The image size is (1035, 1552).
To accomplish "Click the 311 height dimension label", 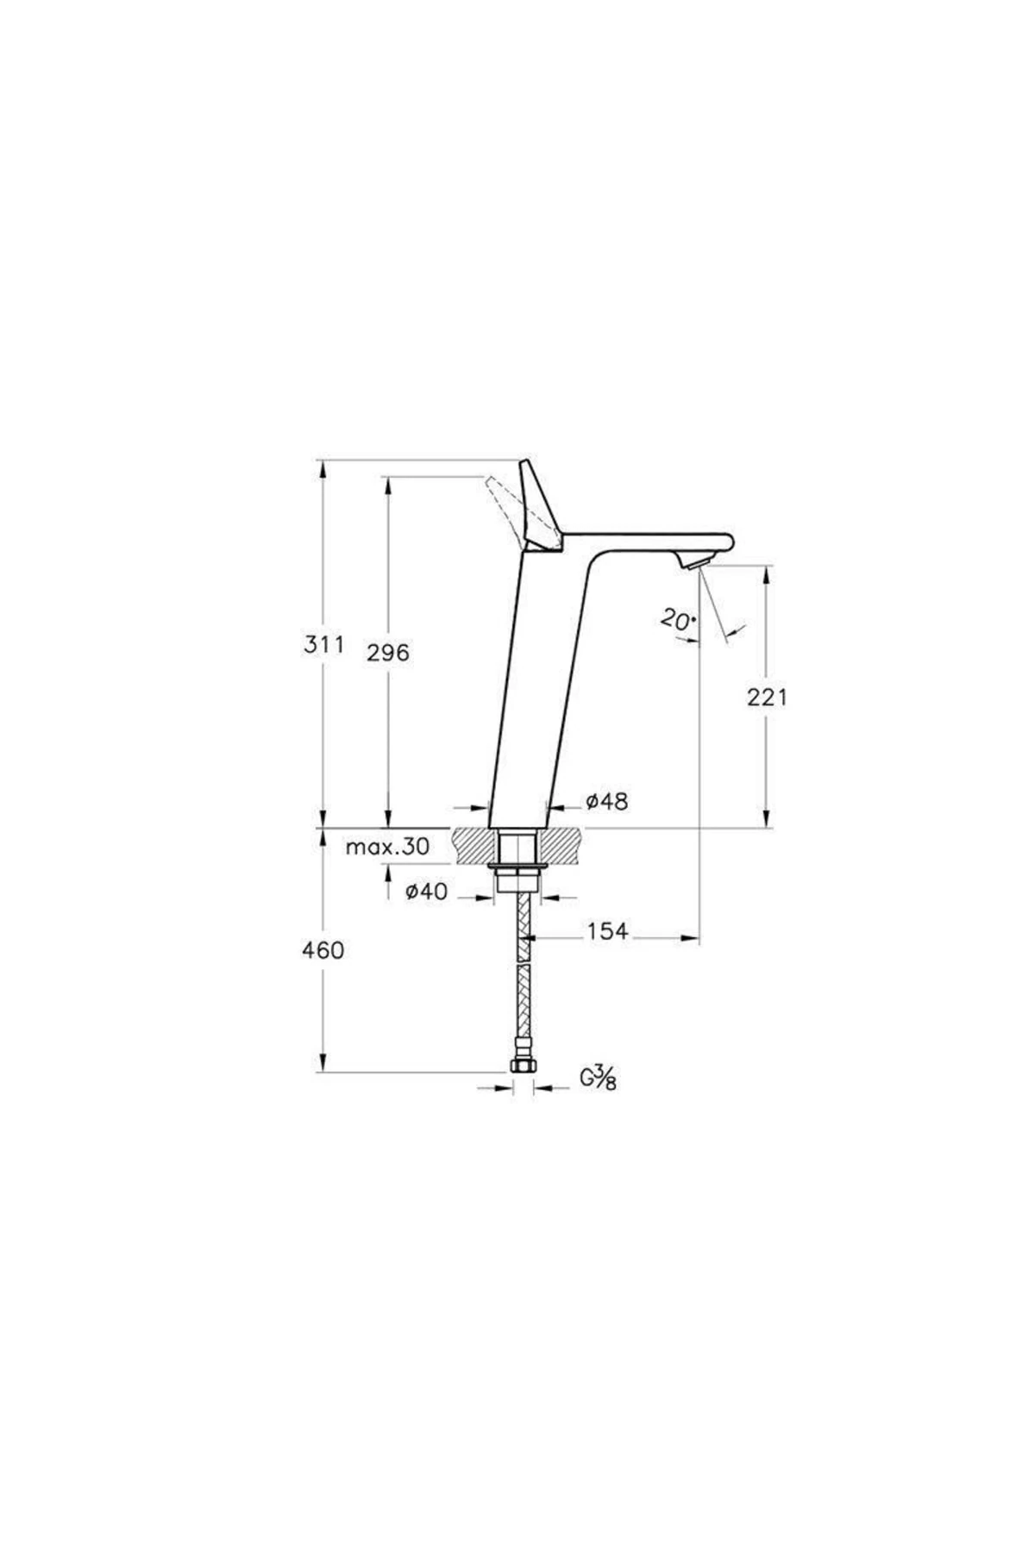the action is tap(323, 644).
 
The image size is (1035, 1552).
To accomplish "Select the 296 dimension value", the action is tap(388, 653).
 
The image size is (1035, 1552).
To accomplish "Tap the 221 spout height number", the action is tap(767, 697).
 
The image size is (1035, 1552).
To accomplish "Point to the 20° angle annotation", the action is tap(678, 619).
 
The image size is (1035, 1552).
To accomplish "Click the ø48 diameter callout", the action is tap(607, 802).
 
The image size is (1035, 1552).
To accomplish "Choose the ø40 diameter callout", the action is tap(427, 892).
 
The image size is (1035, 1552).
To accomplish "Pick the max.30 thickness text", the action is tap(387, 847).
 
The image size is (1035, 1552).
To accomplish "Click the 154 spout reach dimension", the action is tap(608, 931).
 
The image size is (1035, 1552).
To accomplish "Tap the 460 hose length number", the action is tap(323, 950).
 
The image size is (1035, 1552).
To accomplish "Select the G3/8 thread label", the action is tap(598, 1078).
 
